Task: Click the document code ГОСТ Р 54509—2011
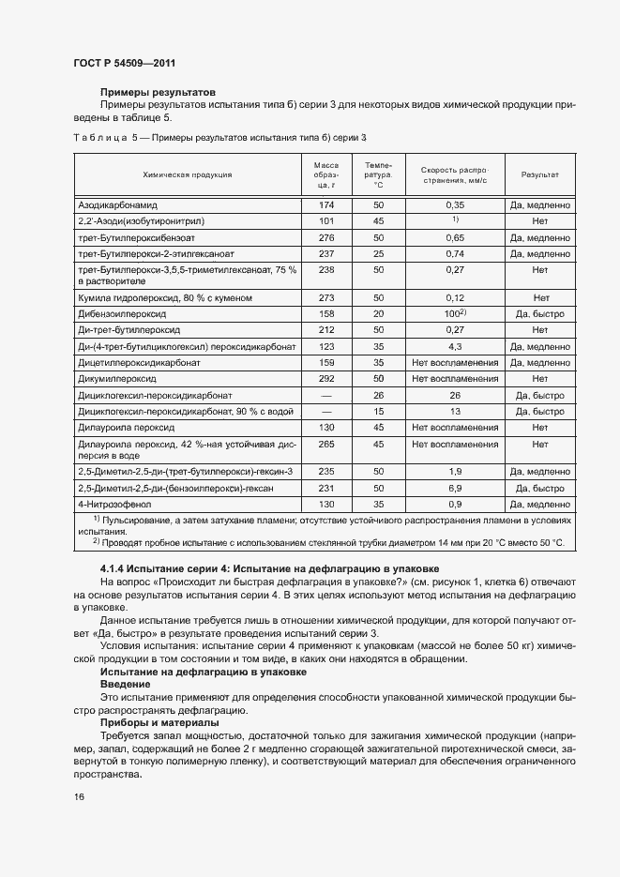point(124,64)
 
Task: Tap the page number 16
point(79,796)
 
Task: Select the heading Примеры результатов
point(158,92)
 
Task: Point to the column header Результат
point(540,174)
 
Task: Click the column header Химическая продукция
point(188,174)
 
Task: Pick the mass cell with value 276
point(326,238)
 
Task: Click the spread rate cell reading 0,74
point(456,254)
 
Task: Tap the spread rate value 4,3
point(456,347)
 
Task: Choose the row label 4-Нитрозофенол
point(112,505)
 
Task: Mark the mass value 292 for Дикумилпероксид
point(326,379)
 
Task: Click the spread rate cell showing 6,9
point(456,489)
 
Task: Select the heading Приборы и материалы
point(159,723)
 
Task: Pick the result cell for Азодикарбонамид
point(540,204)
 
